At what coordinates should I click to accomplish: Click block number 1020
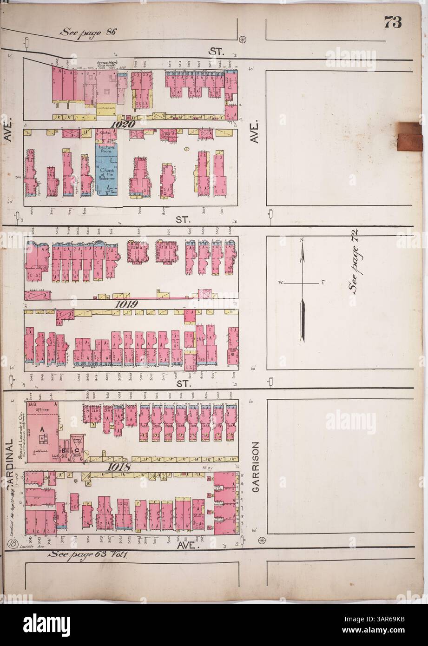click(123, 125)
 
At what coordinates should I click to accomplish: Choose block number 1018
click(119, 468)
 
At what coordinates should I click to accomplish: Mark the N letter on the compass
click(302, 240)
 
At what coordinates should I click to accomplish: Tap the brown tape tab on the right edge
click(412, 136)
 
